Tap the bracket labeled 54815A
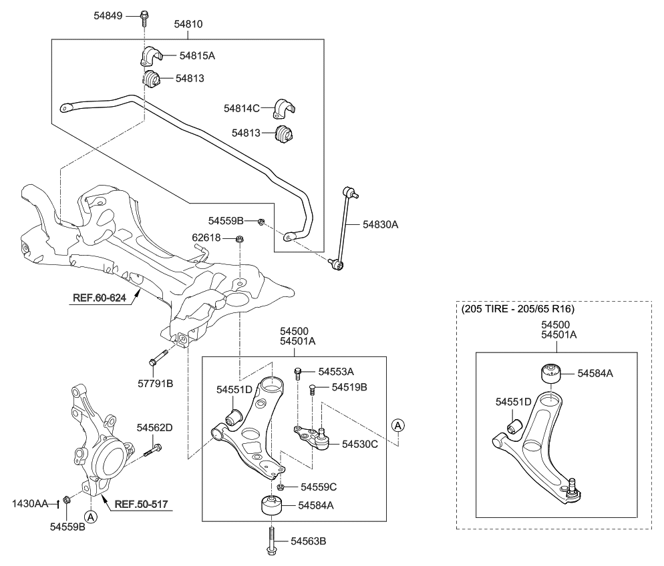pyautogui.click(x=151, y=56)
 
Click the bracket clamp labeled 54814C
pyautogui.click(x=287, y=107)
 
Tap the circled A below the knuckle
pyautogui.click(x=91, y=516)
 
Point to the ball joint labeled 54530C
pyautogui.click(x=319, y=438)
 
